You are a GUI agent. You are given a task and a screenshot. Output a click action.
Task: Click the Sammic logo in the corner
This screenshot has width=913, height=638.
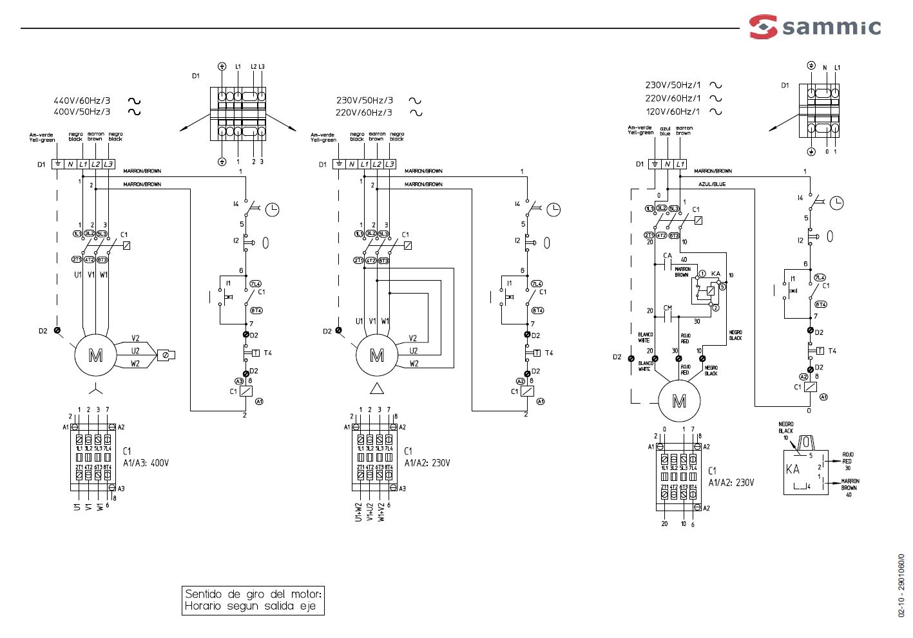[x=814, y=26]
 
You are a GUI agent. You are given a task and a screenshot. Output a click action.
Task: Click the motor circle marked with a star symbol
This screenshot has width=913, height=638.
[x=95, y=355]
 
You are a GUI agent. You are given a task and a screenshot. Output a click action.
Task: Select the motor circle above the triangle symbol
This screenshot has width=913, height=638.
[x=376, y=355]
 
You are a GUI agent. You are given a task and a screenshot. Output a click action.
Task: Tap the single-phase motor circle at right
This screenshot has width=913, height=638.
[x=678, y=401]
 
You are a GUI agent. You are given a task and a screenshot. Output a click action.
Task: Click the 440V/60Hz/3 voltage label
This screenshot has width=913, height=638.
[x=82, y=100]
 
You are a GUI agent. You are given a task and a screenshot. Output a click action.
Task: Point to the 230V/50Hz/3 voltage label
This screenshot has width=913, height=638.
[x=364, y=100]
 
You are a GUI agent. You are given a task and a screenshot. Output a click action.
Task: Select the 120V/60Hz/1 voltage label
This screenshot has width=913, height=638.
[x=673, y=111]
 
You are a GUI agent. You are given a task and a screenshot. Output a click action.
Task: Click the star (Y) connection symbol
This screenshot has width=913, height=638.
[x=95, y=389]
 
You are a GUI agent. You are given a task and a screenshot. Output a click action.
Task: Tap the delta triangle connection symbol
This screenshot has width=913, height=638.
[x=376, y=389]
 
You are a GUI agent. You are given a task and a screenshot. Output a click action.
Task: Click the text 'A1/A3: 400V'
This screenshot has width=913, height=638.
[x=146, y=463]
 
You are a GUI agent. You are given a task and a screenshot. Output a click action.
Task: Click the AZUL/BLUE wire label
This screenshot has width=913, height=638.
[x=712, y=184]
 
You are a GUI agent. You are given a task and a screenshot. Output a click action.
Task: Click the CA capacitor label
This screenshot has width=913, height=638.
[x=668, y=256]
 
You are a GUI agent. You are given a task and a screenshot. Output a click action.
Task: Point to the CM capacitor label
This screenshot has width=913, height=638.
[x=668, y=308]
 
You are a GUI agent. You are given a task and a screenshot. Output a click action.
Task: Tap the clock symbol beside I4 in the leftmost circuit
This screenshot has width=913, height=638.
[x=273, y=209]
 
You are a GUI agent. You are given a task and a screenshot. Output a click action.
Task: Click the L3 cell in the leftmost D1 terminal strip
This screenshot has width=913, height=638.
[x=108, y=164]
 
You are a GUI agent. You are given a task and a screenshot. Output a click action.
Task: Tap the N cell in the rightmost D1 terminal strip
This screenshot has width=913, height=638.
[x=668, y=164]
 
